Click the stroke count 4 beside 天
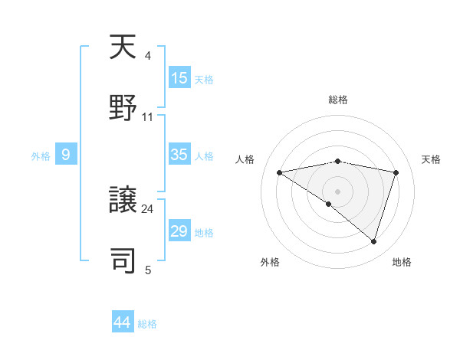point(147,56)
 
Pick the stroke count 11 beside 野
point(148,117)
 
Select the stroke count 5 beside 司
point(148,270)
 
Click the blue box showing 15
point(179,78)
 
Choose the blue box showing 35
point(179,155)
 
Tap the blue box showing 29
point(179,231)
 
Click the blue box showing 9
point(66,155)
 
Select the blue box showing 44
point(123,322)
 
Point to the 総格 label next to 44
point(147,324)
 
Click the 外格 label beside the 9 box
point(41,156)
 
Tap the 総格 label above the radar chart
point(338,100)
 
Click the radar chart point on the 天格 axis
point(396,172)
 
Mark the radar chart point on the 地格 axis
point(374,241)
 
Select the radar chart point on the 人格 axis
point(280,172)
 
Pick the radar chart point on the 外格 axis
point(329,204)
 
